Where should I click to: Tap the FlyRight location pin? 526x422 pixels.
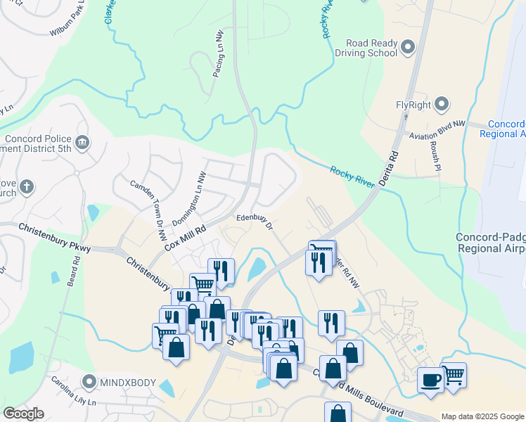point(442,105)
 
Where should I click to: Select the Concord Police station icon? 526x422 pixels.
point(82,143)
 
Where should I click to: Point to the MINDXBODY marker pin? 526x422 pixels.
point(89,383)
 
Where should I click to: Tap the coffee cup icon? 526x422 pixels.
point(431,380)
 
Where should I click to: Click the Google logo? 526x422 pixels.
point(23,414)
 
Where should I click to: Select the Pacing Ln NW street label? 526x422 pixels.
point(219,53)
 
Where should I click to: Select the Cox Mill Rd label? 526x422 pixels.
point(185,238)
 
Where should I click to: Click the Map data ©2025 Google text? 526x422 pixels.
point(482,416)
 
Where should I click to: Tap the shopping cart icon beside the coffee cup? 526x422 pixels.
point(454,375)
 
